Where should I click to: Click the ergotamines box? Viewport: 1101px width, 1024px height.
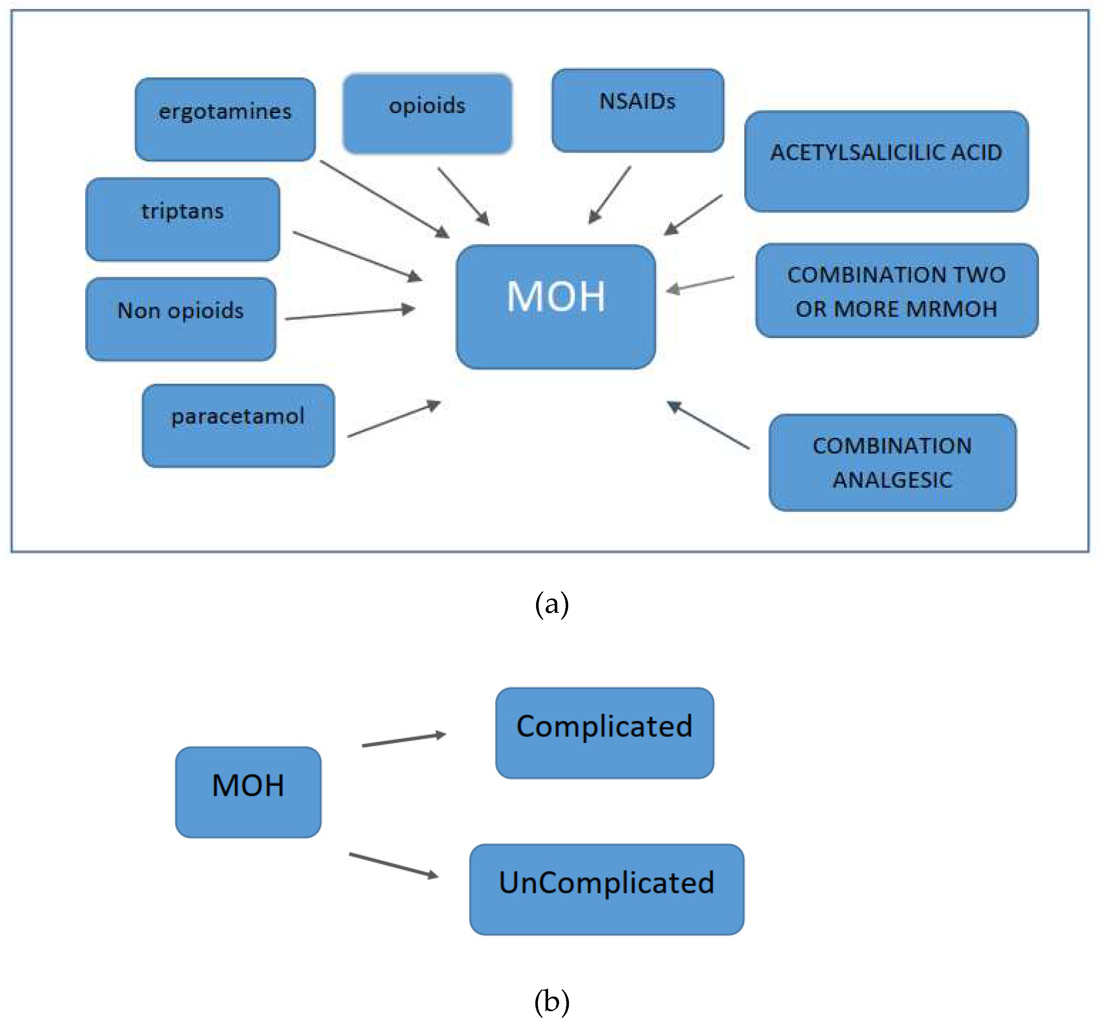point(225,119)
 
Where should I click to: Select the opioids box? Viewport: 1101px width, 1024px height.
point(427,113)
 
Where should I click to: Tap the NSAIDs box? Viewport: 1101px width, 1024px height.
point(637,110)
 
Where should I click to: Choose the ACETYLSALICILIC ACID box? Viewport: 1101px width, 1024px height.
point(886,161)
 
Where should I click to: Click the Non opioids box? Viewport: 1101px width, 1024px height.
point(181,319)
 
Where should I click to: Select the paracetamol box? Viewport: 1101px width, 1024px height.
point(238,425)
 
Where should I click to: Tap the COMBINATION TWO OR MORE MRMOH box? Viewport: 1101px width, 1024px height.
point(896,290)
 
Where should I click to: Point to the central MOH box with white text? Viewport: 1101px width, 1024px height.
point(555,307)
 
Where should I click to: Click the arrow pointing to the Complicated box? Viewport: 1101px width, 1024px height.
point(404,740)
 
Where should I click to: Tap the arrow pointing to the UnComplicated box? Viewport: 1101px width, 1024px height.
point(394,865)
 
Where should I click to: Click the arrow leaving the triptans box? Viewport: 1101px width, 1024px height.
point(357,256)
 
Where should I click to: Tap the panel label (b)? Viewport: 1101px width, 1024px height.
point(552,1001)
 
